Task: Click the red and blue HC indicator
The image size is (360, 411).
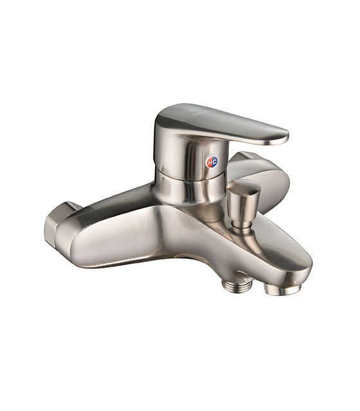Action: (212, 161)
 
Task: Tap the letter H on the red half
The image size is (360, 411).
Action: (209, 162)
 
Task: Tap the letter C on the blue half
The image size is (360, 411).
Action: (214, 161)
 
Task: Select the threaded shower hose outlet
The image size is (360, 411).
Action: (237, 285)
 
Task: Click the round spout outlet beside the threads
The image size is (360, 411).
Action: (282, 290)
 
